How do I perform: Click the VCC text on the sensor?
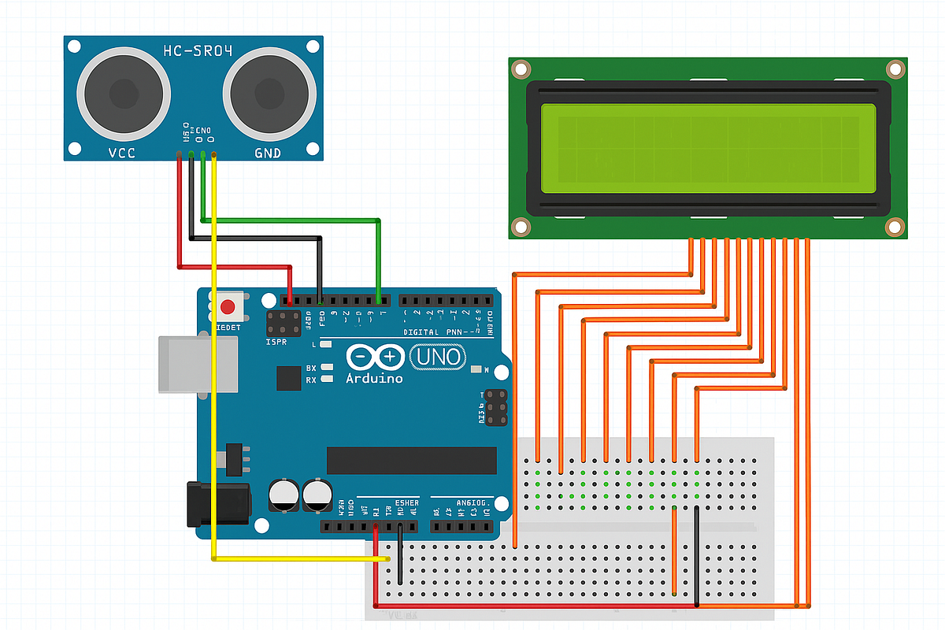(120, 153)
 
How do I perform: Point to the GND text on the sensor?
(268, 153)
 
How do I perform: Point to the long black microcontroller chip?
(412, 460)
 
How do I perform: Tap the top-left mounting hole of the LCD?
(520, 69)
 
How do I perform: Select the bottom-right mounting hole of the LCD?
(895, 227)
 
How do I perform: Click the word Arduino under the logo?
(374, 379)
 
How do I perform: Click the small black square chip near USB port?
(289, 379)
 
